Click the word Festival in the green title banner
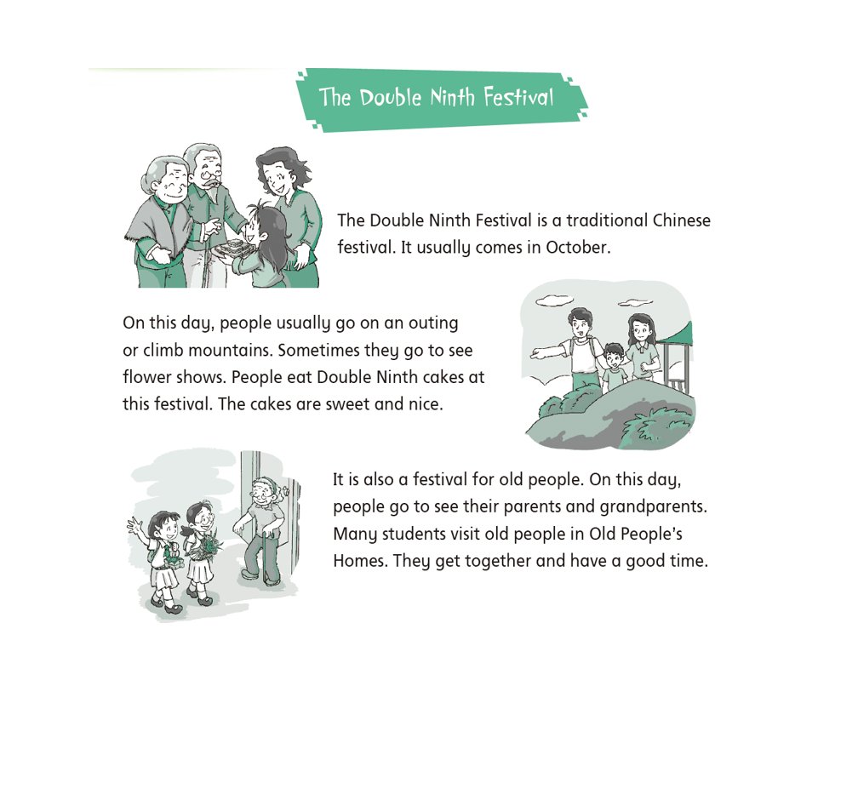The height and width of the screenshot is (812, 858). [x=518, y=98]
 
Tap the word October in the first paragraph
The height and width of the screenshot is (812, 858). [x=578, y=248]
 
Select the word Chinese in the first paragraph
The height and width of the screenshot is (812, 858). [x=682, y=220]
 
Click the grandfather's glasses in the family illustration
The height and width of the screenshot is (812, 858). [x=211, y=175]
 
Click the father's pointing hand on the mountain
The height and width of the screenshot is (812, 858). [x=539, y=353]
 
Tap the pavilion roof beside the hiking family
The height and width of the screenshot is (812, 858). [x=678, y=335]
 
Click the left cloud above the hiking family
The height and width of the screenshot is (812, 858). [x=554, y=300]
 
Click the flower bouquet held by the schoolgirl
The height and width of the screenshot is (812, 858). [x=206, y=545]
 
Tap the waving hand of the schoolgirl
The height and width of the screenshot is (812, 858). [x=134, y=526]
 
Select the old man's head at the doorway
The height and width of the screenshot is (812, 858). [x=264, y=491]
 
